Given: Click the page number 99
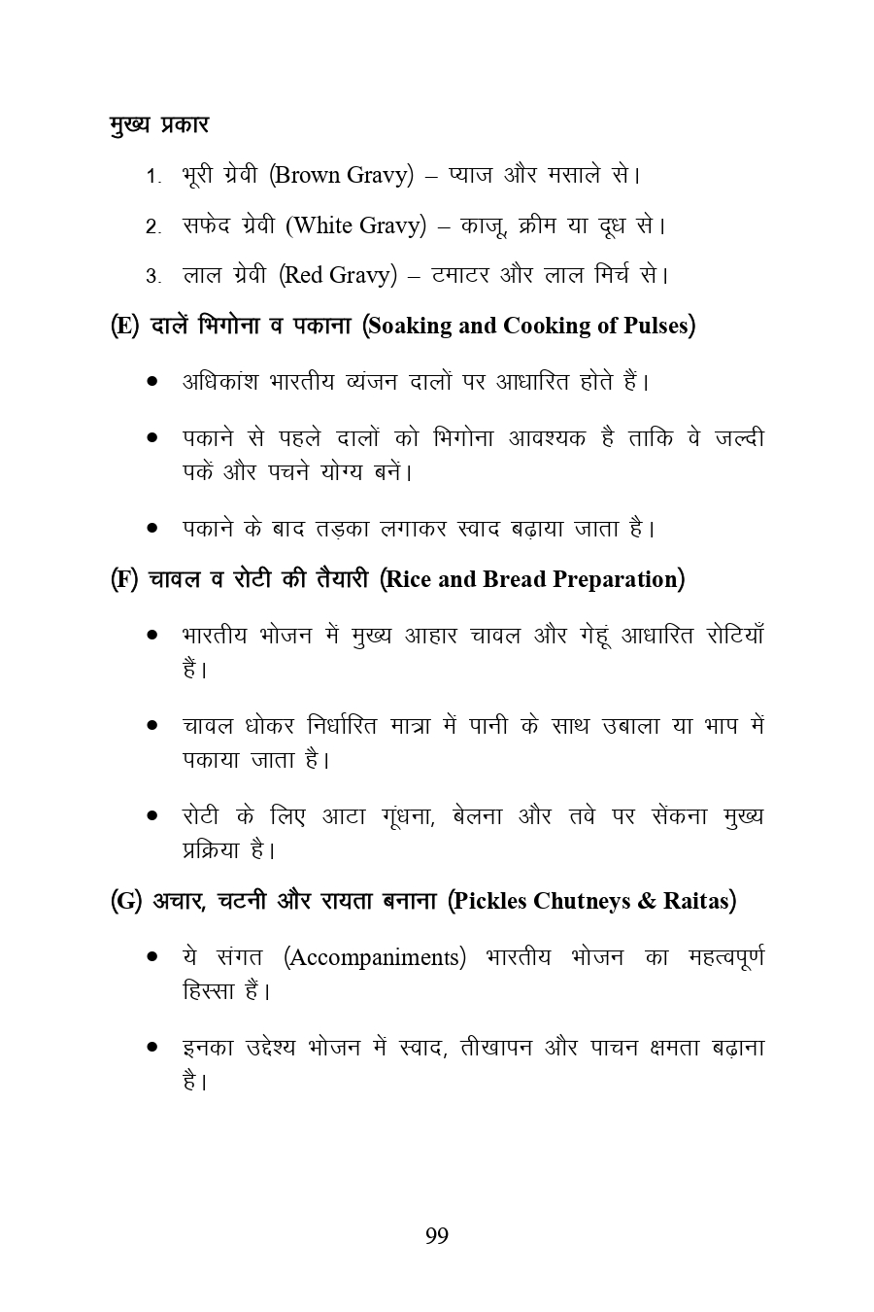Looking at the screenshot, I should coord(437,1235).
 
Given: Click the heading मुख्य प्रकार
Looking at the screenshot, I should coord(159,125).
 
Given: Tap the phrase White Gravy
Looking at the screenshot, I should coord(355,226).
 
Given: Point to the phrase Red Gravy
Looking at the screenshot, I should coord(338,276).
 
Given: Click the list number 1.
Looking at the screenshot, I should coord(151,177).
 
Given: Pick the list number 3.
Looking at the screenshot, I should coord(151,277).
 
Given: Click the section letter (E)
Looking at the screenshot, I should coord(126,326).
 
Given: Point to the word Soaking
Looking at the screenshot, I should coord(410,326).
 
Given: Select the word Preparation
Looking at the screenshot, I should coord(616,580).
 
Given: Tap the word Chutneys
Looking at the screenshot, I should coord(583,901).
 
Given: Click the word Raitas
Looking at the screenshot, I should coord(697,901).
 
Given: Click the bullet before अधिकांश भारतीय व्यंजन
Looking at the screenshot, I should coord(153,382).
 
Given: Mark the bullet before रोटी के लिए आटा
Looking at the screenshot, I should coord(153,816).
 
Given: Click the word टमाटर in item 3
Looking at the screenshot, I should coord(461,276).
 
